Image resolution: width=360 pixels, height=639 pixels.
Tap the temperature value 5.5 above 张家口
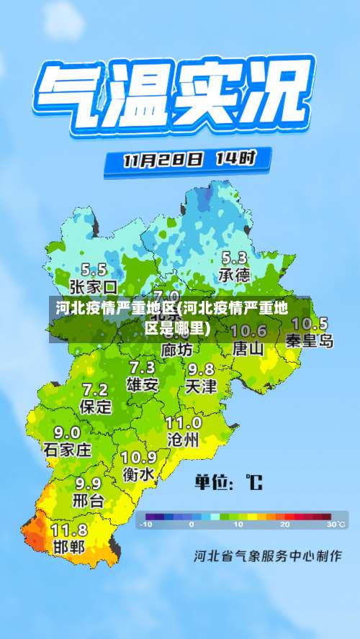94,270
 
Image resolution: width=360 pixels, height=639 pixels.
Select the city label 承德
234,275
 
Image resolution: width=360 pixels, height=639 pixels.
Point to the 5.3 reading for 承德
234,258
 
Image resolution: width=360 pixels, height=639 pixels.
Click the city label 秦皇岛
310,340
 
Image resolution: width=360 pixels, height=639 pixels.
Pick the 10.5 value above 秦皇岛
310,324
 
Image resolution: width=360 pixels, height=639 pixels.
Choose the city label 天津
200,386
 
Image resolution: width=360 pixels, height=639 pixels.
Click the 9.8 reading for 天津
201,369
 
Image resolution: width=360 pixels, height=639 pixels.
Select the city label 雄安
142,384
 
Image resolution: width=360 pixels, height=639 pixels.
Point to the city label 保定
96,407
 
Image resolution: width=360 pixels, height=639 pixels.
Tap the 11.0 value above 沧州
184,422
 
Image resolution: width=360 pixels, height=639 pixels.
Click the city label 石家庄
68,450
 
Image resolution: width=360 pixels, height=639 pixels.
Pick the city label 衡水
138,474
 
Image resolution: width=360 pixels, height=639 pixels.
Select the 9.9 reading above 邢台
88,483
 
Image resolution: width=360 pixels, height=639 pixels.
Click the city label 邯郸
69,546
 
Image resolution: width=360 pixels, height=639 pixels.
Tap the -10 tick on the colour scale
146,525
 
